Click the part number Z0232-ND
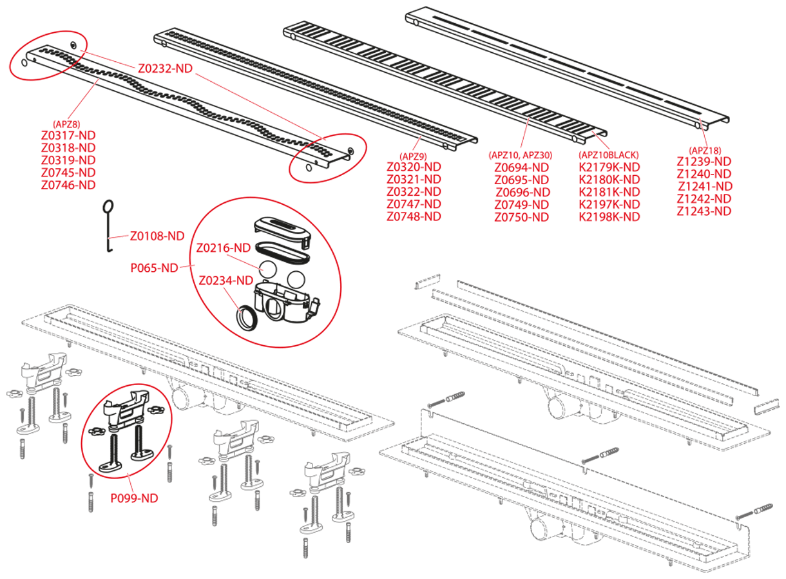pos(165,68)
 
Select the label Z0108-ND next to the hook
pos(157,236)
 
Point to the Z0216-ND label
pos(223,247)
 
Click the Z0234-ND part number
pos(225,280)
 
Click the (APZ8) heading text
pos(66,124)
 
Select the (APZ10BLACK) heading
pos(609,155)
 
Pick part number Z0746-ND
pos(68,185)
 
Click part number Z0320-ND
pos(414,167)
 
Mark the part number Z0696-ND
pos(522,192)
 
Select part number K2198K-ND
pos(609,216)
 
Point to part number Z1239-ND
pos(704,161)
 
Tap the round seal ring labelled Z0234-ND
pos(247,317)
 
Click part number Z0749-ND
pos(522,204)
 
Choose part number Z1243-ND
pos(704,211)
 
